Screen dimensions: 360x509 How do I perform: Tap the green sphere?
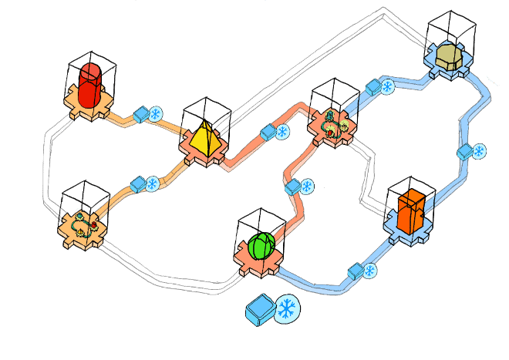point(261,246)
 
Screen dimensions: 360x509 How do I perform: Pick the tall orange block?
point(411,210)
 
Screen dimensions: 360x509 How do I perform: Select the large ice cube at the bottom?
point(261,311)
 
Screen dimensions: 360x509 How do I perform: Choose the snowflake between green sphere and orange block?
point(369,270)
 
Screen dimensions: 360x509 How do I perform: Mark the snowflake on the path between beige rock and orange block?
point(479,150)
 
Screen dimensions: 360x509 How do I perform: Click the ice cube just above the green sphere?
point(292,187)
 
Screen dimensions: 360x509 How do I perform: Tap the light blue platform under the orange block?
point(409,234)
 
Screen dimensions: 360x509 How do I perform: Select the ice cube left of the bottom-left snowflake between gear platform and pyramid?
point(138,185)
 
